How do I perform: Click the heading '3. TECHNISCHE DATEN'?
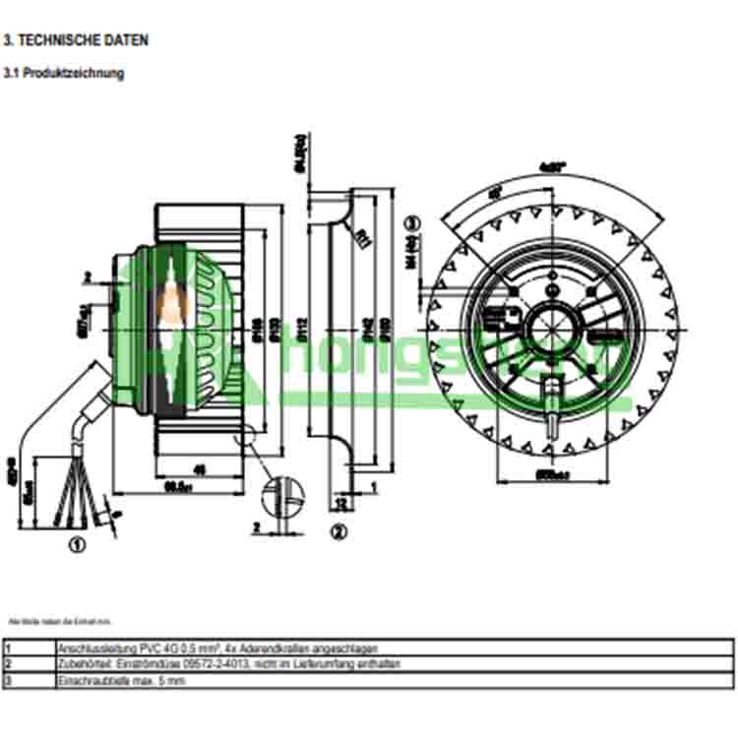click(x=76, y=41)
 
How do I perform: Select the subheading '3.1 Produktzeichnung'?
click(x=65, y=74)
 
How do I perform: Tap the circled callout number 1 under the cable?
click(x=77, y=541)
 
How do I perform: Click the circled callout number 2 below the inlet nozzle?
click(x=337, y=532)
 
